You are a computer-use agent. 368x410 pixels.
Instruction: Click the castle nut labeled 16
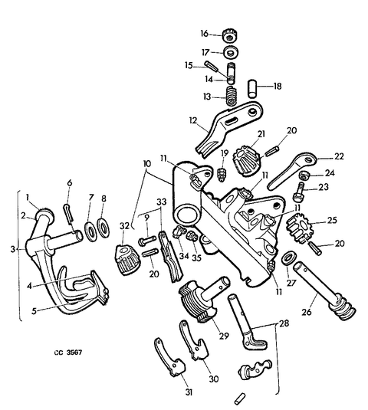(230, 35)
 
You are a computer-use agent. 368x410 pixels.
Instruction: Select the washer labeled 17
(231, 52)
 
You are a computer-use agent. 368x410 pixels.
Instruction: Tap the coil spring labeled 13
(232, 96)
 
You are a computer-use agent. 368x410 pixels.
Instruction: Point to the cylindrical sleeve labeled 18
(252, 89)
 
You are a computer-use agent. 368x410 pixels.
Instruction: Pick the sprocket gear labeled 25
(298, 228)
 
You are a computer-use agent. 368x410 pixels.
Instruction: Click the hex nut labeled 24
(304, 175)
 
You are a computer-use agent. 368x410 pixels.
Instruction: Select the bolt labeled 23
(299, 193)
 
